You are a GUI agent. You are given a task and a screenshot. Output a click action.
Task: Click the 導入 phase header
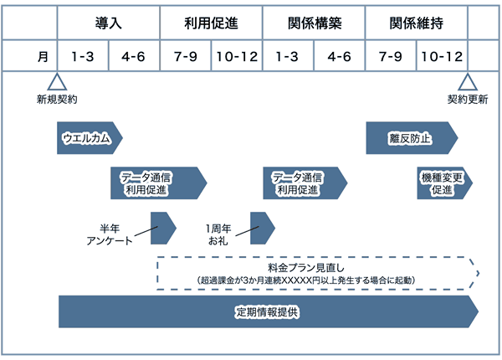109,23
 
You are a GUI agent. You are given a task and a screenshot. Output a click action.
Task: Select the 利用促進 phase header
211,23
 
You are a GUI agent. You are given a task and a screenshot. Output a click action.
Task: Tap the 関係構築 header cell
314,23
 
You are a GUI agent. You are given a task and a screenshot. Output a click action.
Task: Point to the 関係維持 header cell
416,23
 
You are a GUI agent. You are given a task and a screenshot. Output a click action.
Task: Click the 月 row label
43,57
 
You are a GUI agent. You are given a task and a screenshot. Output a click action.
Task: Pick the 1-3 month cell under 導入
83,57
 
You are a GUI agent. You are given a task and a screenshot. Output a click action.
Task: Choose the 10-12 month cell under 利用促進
237,57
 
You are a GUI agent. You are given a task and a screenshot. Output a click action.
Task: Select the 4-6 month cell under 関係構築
339,57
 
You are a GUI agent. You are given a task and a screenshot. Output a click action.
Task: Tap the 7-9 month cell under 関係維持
391,57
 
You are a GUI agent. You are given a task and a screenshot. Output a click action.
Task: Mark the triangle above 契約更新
467,82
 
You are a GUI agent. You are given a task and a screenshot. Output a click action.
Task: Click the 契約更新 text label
467,100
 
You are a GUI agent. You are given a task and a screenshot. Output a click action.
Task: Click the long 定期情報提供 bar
268,312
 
